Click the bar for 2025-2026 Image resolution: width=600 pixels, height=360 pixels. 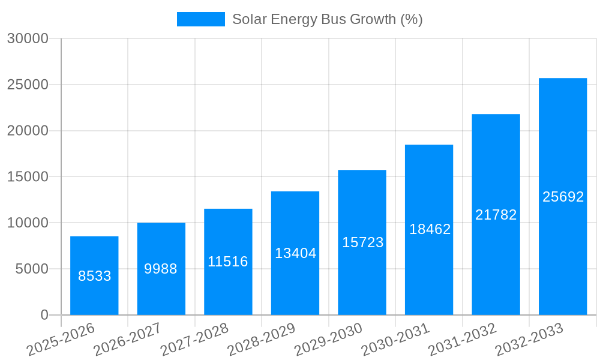[x=94, y=275]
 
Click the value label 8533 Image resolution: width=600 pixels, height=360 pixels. [x=95, y=276]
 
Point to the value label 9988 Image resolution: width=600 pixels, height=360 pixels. [x=161, y=269]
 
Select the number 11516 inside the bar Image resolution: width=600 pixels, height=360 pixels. [x=228, y=262]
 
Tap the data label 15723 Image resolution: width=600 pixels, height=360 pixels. [x=362, y=242]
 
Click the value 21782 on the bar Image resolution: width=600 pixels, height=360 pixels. [x=496, y=215]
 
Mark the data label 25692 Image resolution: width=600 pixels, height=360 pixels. [x=563, y=197]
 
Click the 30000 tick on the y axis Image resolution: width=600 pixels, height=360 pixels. [x=27, y=38]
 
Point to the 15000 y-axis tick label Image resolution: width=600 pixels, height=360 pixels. [x=27, y=177]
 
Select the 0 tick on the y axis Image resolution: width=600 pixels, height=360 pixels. [x=44, y=315]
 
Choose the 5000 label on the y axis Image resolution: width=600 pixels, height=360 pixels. [x=32, y=269]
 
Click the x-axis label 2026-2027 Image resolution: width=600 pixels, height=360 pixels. [x=128, y=339]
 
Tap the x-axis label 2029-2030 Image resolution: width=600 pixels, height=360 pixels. [x=329, y=339]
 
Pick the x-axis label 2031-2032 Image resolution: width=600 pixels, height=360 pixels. [x=463, y=339]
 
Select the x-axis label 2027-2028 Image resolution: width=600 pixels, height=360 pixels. [x=195, y=339]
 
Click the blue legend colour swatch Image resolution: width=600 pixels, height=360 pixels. [x=200, y=19]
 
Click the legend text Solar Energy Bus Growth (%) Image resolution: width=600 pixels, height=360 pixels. [x=327, y=19]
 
